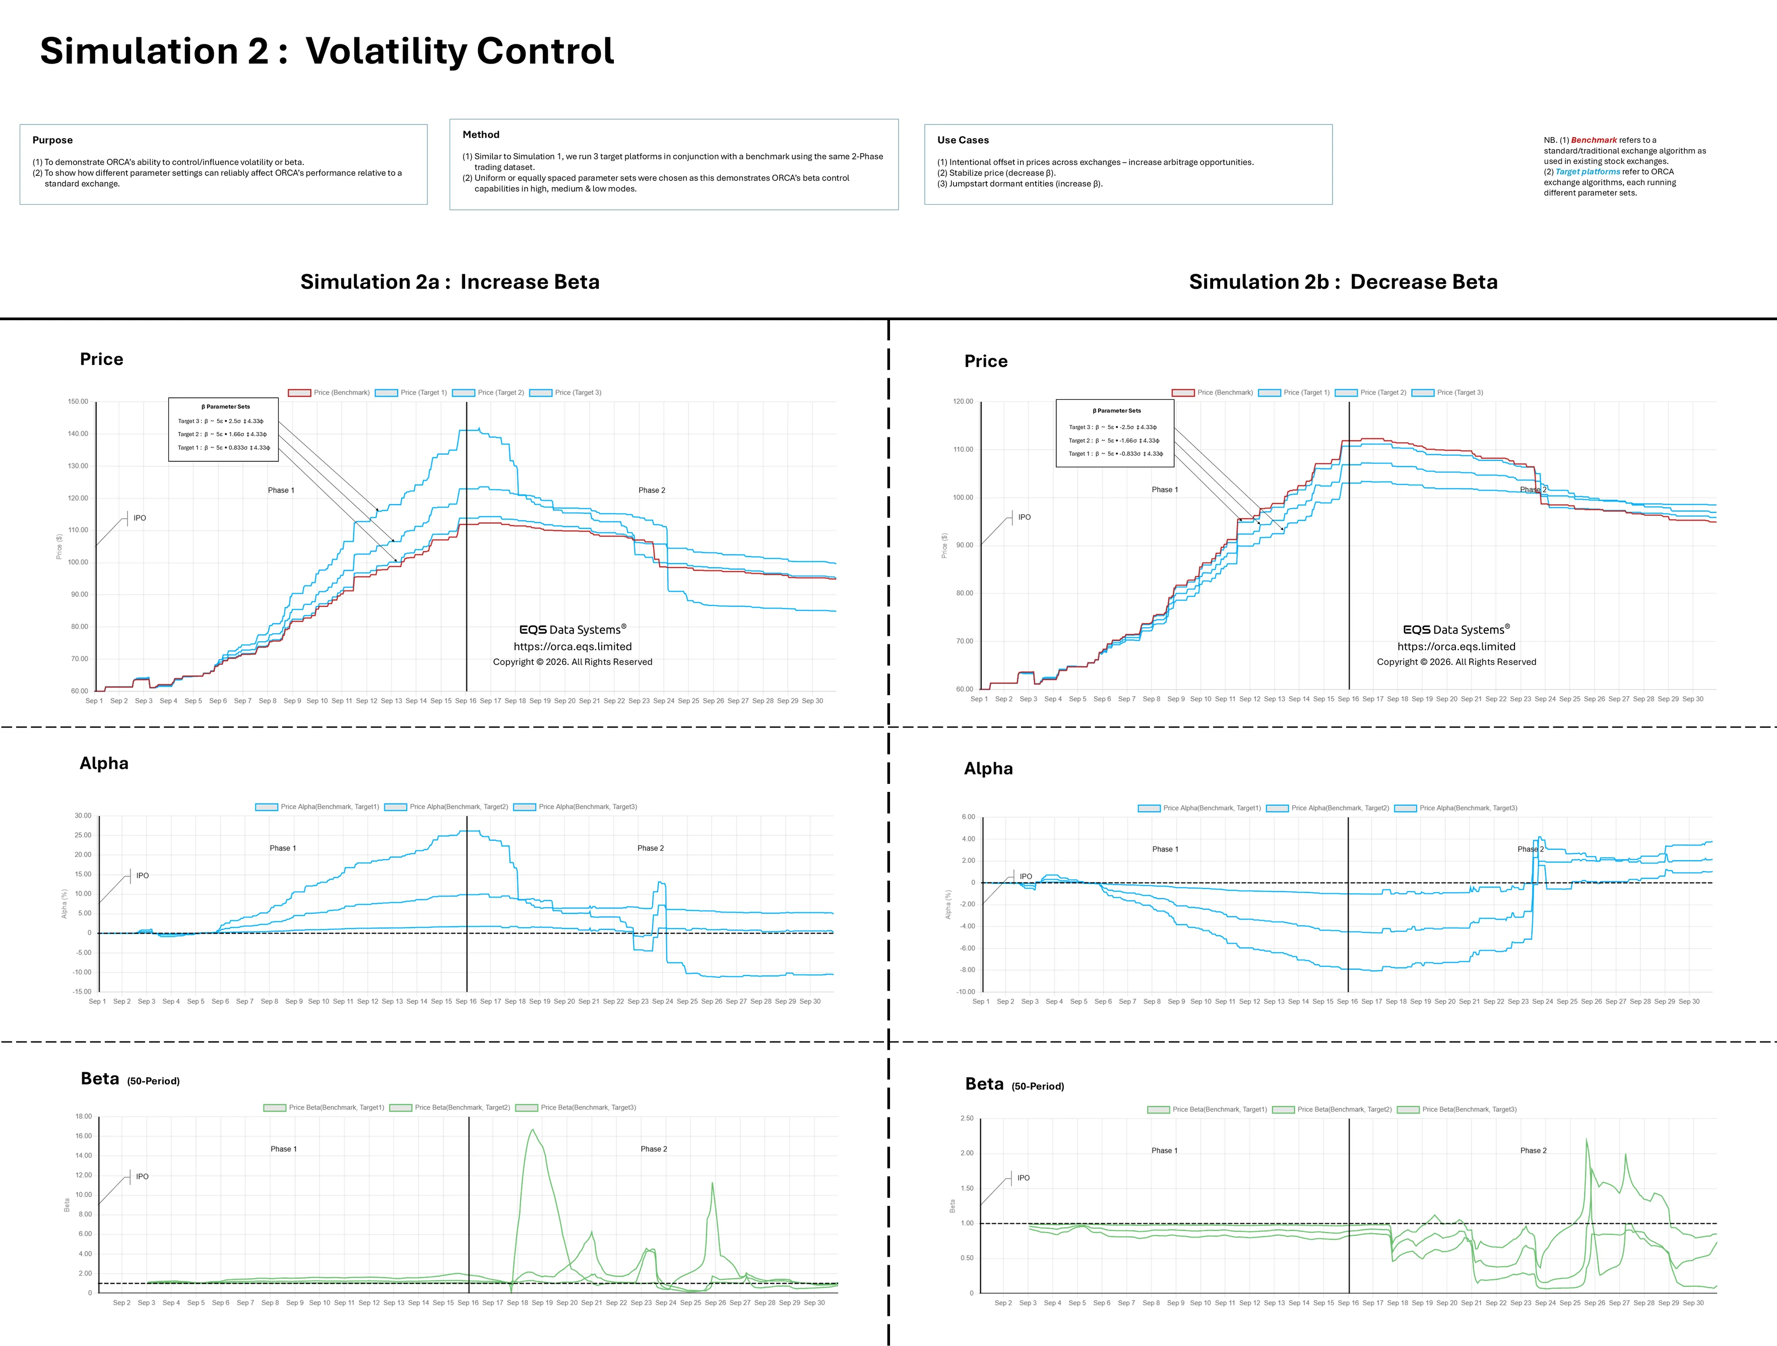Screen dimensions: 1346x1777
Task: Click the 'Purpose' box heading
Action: point(52,140)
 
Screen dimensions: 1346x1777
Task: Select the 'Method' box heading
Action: point(480,134)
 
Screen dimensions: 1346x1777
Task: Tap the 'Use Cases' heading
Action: point(963,140)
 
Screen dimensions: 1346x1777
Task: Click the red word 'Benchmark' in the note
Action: point(1594,140)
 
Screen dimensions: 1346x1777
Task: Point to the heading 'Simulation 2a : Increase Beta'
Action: point(450,282)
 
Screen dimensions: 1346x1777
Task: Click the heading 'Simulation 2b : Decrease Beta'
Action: point(1343,282)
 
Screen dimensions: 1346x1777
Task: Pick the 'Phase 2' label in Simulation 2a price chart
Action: point(652,490)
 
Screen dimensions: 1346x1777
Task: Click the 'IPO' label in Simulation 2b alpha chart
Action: point(1025,876)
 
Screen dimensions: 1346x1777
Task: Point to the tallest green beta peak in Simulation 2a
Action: point(532,1131)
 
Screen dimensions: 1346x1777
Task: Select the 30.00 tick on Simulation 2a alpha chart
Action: point(83,816)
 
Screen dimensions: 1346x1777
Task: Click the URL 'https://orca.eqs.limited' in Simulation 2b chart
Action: point(1455,646)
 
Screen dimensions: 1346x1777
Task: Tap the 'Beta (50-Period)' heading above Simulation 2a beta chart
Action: point(130,1079)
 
